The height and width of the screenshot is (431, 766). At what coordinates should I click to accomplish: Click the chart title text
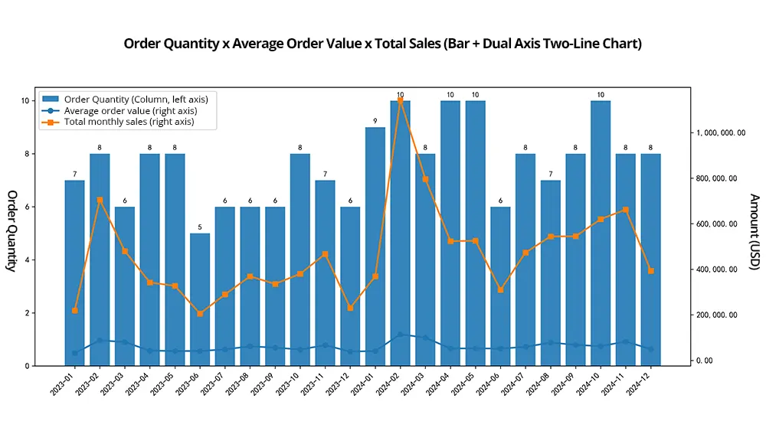[x=382, y=44]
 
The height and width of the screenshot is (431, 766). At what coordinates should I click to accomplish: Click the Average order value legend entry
[x=130, y=110]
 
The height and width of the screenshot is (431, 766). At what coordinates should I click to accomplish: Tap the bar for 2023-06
[x=200, y=299]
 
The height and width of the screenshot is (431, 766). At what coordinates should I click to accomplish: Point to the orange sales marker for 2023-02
[x=100, y=200]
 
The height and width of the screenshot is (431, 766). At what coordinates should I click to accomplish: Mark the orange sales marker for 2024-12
[x=651, y=271]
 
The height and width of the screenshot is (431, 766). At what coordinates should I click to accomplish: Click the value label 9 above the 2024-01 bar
[x=375, y=121]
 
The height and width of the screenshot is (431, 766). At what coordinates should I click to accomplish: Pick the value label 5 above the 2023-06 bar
[x=200, y=227]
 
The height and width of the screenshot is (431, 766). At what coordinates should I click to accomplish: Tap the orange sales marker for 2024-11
[x=626, y=209]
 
